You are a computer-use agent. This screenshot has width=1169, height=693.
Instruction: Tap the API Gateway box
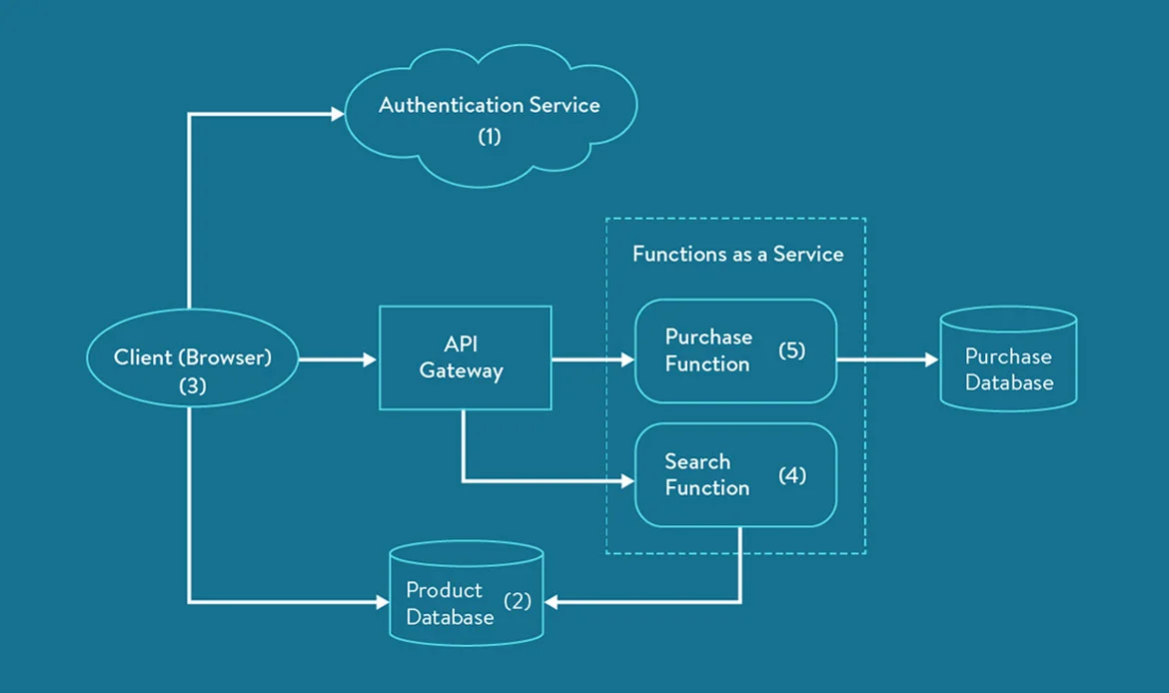pyautogui.click(x=465, y=357)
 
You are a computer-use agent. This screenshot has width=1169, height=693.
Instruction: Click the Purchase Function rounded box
pyautogui.click(x=735, y=350)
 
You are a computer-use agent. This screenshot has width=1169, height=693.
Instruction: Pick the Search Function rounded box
pyautogui.click(x=735, y=475)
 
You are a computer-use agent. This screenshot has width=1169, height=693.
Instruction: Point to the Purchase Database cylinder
pyautogui.click(x=1008, y=360)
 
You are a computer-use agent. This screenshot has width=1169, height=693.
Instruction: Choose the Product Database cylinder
pyautogui.click(x=466, y=595)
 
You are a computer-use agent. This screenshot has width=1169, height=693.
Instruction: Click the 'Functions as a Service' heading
pyautogui.click(x=737, y=255)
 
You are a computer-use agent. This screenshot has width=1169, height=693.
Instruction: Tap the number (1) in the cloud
pyautogui.click(x=489, y=136)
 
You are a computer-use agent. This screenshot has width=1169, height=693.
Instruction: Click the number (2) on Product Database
pyautogui.click(x=518, y=601)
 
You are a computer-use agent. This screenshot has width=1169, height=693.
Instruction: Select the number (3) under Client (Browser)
pyautogui.click(x=192, y=386)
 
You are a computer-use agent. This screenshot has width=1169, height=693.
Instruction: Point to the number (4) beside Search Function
pyautogui.click(x=791, y=475)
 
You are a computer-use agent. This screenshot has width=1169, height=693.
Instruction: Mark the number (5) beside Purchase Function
pyautogui.click(x=791, y=350)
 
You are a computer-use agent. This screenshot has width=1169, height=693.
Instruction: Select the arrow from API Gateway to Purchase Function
pyautogui.click(x=592, y=358)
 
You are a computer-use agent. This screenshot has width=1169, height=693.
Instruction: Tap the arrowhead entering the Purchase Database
pyautogui.click(x=929, y=358)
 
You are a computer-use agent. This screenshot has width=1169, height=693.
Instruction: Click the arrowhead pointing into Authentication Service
pyautogui.click(x=337, y=115)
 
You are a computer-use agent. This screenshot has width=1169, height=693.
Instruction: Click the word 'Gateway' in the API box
pyautogui.click(x=461, y=371)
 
